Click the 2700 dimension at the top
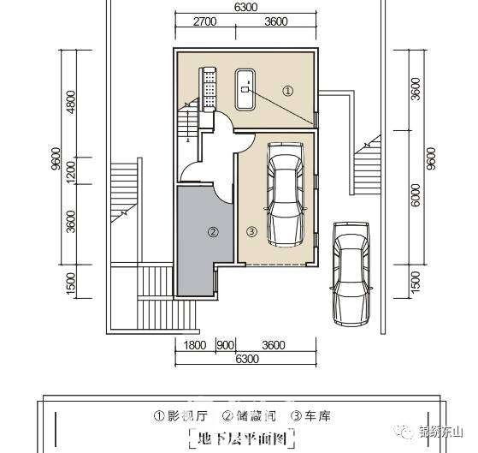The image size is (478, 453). point(204,21)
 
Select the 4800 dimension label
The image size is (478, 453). point(71,102)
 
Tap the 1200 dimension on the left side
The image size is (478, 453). point(71,172)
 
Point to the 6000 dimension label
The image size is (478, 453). point(416,194)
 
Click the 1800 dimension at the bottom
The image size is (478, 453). point(195,345)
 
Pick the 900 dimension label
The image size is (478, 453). point(226,345)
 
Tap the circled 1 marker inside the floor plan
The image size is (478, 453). point(287,91)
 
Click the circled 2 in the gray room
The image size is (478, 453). point(213,232)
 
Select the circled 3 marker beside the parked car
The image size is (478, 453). point(251,232)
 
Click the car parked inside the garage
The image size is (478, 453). point(286,194)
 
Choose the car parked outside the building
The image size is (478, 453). point(351,274)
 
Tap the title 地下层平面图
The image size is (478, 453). point(242,438)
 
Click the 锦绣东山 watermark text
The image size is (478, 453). point(441,432)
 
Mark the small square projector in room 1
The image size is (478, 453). point(245,89)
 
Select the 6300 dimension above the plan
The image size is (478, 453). point(245,7)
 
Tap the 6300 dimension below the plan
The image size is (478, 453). point(247,359)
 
